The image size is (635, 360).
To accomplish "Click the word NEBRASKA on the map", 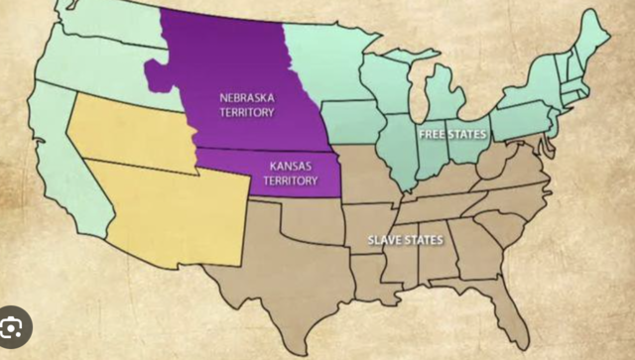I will [248, 98].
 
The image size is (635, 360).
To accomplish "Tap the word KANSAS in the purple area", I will [292, 168].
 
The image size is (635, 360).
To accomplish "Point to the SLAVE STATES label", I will [406, 240].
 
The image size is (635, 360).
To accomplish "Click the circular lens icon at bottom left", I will [15, 325].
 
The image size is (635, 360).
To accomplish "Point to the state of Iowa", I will [352, 124].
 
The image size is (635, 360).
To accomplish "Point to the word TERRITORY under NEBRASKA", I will [248, 112].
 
